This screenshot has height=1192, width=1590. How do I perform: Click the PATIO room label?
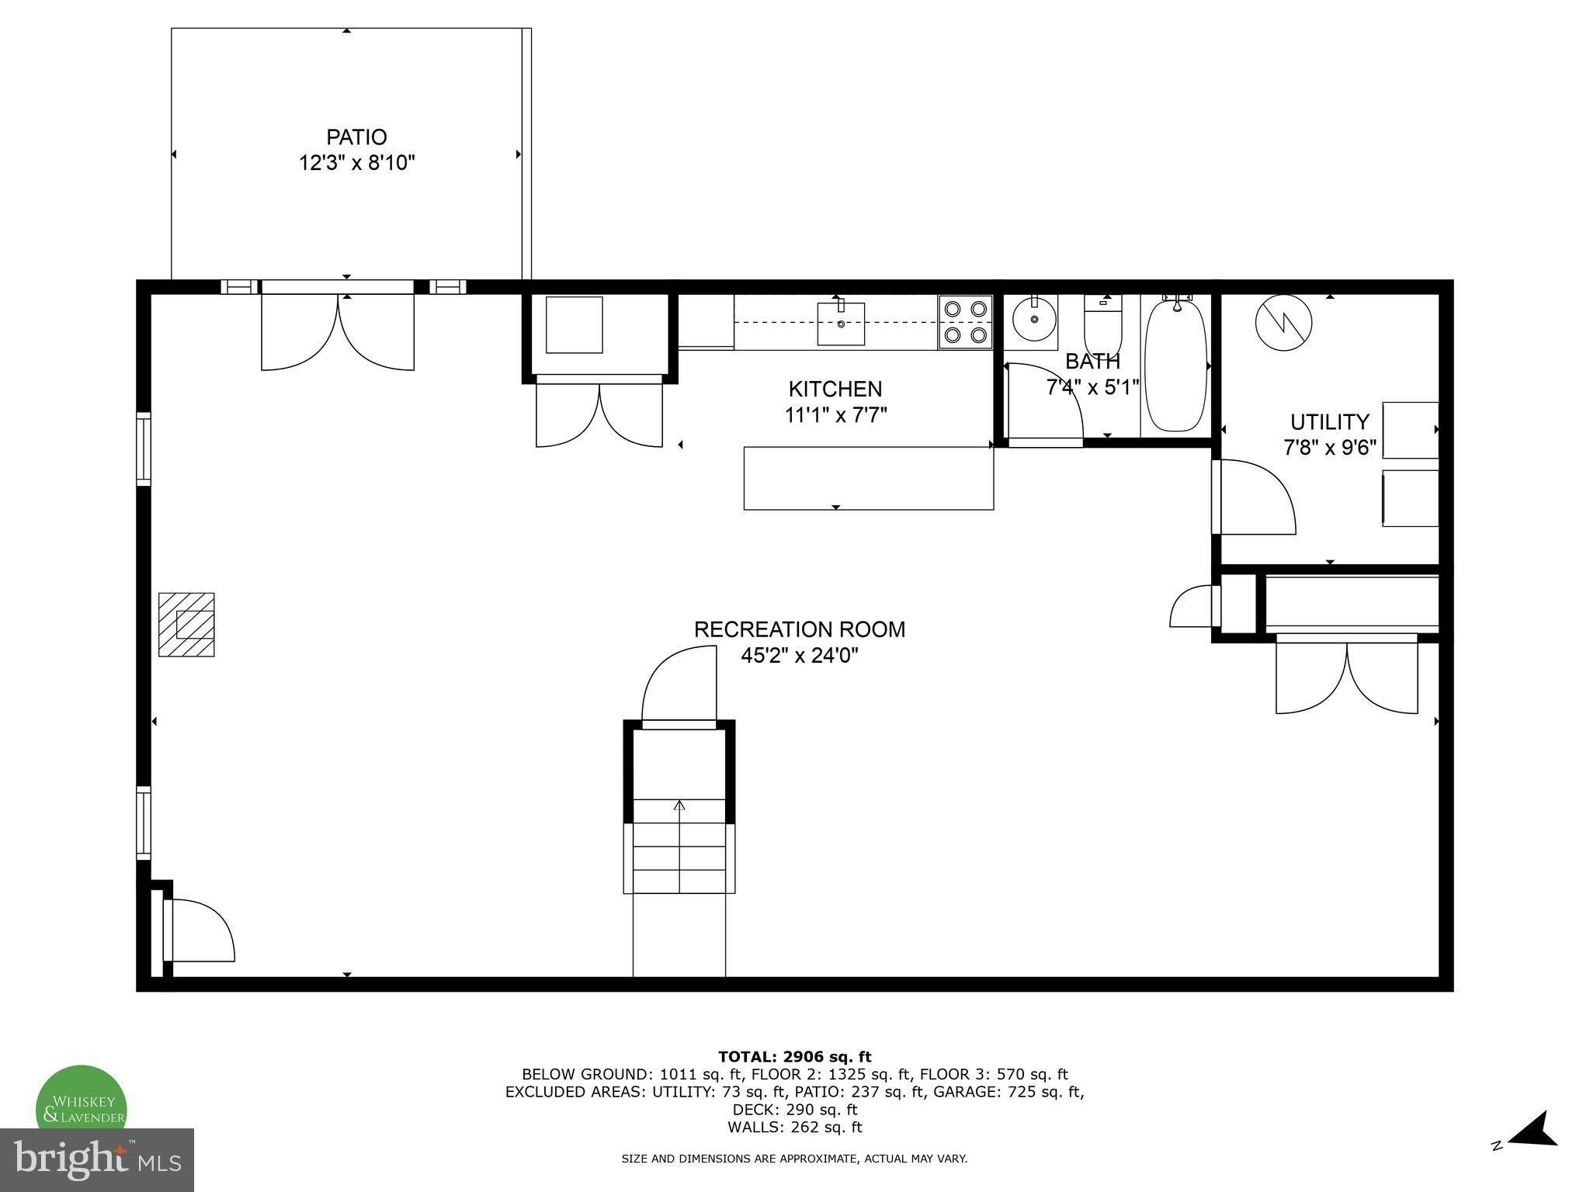356,137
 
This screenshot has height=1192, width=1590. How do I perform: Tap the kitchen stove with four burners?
965,321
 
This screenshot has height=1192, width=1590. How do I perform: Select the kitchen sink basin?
841,324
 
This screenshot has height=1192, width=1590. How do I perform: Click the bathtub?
1176,365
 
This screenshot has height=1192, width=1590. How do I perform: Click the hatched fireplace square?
186,625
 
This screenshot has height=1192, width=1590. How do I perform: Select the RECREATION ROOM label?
799,629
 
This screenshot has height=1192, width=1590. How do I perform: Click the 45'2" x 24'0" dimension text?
799,656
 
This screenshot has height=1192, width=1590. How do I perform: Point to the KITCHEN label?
835,389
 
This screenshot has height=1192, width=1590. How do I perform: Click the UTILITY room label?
1329,422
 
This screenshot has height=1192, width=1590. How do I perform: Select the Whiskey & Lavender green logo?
82,1106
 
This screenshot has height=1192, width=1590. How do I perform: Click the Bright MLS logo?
97,1159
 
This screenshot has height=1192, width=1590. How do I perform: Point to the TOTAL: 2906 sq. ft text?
794,1057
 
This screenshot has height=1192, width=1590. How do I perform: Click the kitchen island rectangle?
868,478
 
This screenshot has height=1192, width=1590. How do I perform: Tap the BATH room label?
1092,362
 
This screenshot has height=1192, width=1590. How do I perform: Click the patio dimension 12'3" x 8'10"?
357,164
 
